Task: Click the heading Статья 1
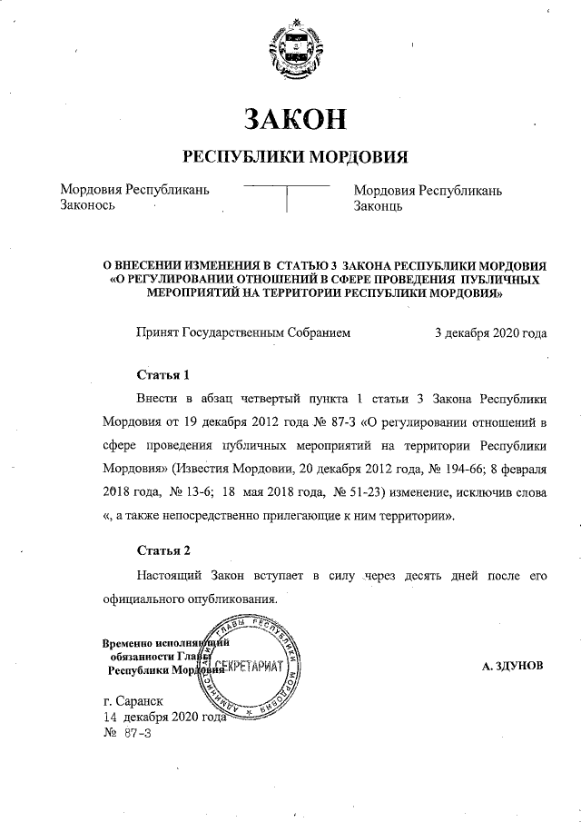[162, 374]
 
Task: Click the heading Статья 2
[162, 550]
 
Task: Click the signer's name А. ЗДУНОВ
[513, 666]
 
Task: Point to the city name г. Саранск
[133, 702]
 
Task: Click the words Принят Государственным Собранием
[242, 333]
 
